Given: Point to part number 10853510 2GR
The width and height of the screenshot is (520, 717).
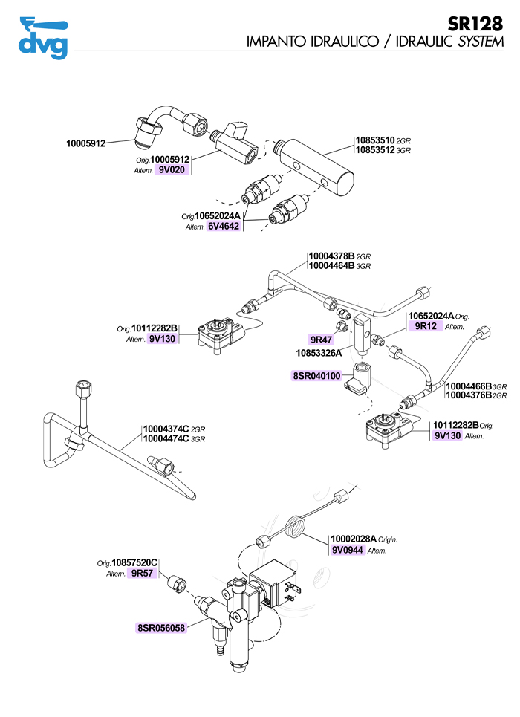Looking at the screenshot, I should [383, 140].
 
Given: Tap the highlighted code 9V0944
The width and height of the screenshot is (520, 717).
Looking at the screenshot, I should [348, 551].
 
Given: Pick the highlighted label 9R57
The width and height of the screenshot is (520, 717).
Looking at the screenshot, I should [140, 574].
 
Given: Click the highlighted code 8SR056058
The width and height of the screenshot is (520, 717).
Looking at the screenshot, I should [160, 627].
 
